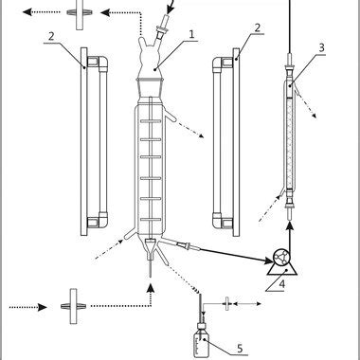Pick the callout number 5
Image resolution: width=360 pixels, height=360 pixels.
click(239, 348)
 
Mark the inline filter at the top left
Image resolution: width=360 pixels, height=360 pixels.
click(77, 13)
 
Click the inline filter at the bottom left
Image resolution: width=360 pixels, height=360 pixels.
click(70, 306)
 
